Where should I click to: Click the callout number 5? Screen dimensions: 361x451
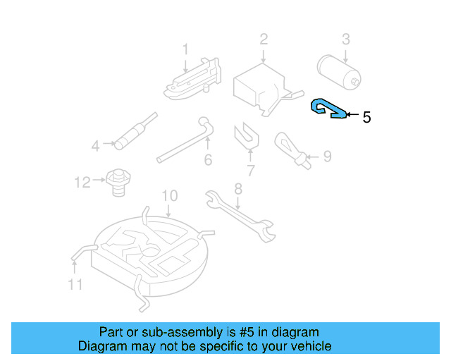(366, 117)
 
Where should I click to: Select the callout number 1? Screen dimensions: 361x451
(185, 49)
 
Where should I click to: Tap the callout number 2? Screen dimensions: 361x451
(264, 38)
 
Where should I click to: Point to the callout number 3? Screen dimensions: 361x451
(346, 38)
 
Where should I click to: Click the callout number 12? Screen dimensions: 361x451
(82, 183)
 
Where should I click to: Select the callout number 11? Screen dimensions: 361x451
(75, 284)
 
